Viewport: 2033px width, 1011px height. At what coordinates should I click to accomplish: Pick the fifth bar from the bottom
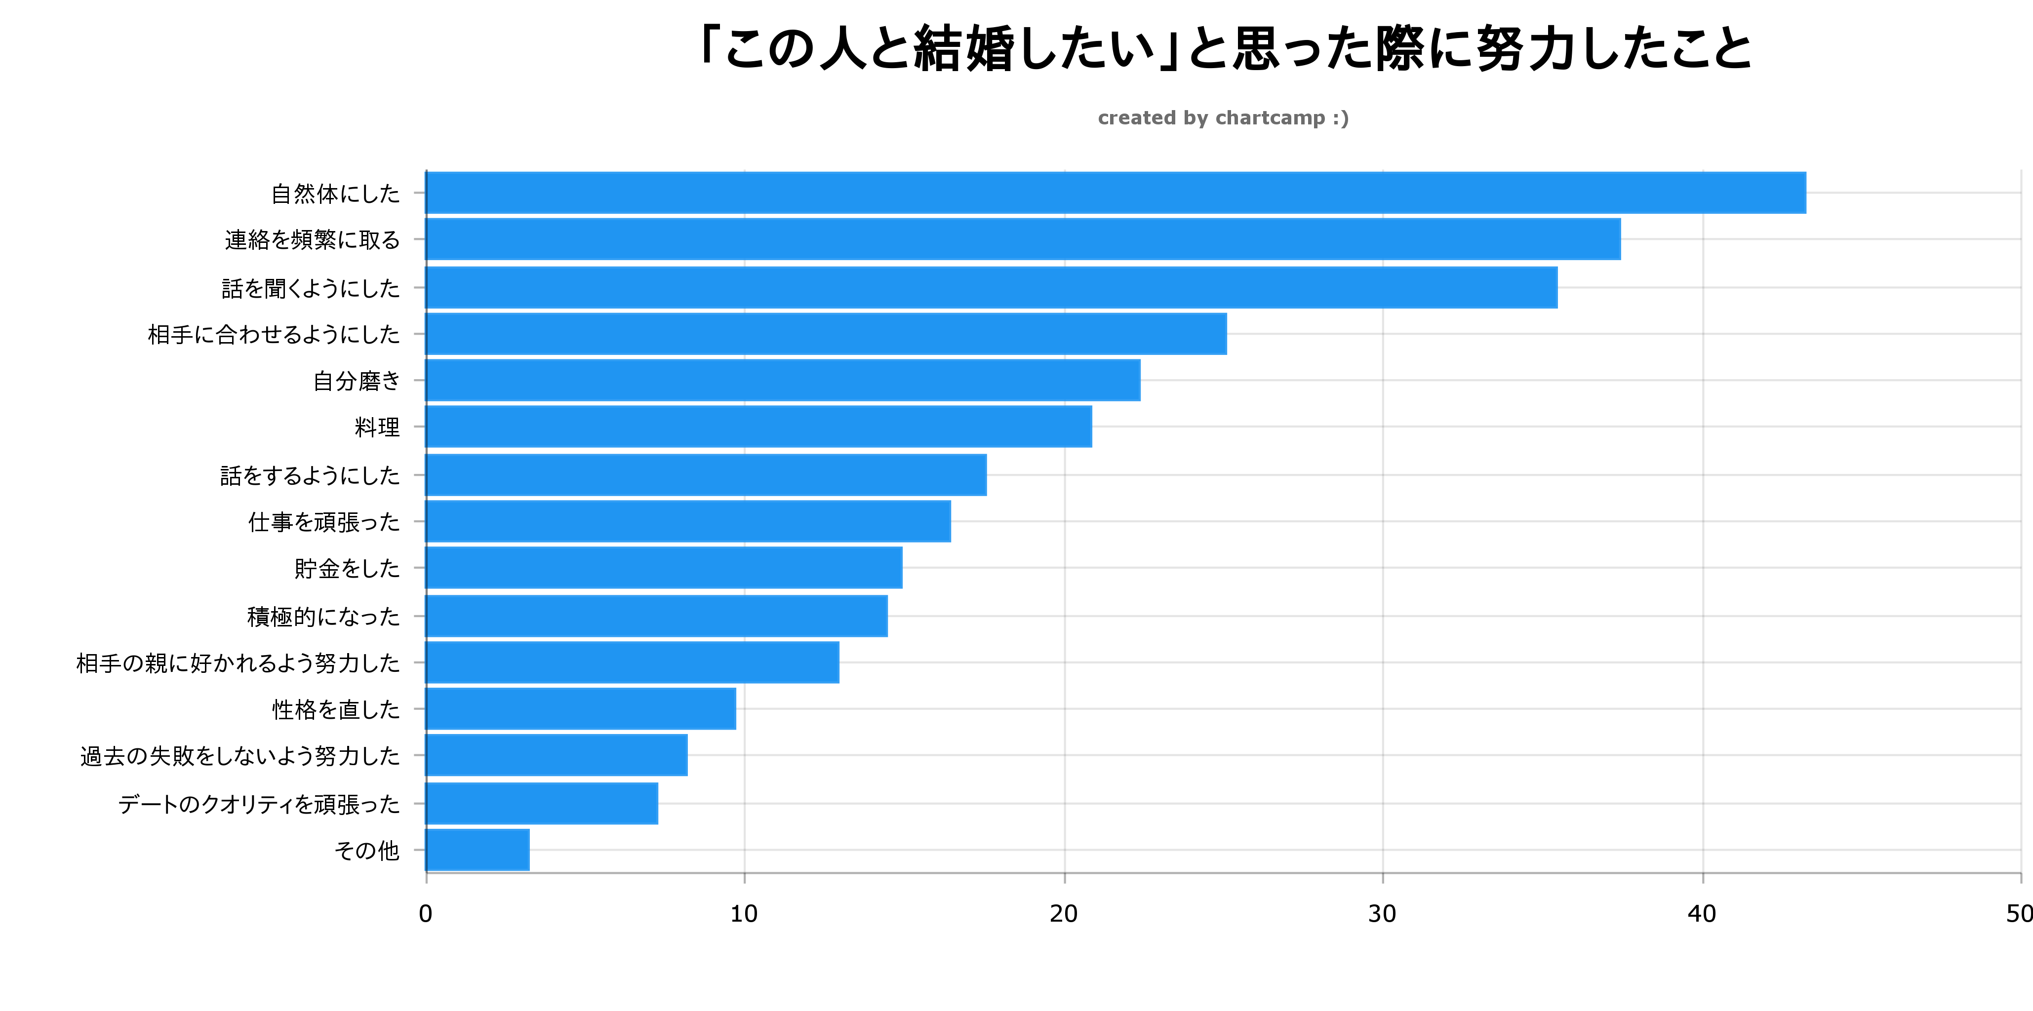point(632,662)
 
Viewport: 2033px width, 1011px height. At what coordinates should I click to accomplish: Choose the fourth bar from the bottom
point(581,709)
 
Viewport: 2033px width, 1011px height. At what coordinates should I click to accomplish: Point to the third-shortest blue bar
point(557,755)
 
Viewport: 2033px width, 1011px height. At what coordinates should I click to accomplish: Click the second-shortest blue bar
point(541,804)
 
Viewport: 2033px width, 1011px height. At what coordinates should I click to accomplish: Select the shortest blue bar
point(478,850)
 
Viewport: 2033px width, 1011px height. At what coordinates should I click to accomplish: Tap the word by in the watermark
point(1196,119)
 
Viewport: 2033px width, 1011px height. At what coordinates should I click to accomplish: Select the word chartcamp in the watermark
point(1270,118)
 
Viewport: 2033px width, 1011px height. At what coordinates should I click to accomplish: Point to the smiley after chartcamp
point(1341,118)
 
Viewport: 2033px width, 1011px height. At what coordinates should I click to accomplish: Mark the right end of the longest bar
point(1805,193)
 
